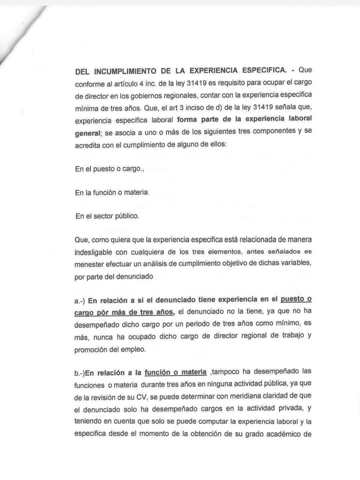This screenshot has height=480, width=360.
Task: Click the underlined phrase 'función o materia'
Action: (x=176, y=373)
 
